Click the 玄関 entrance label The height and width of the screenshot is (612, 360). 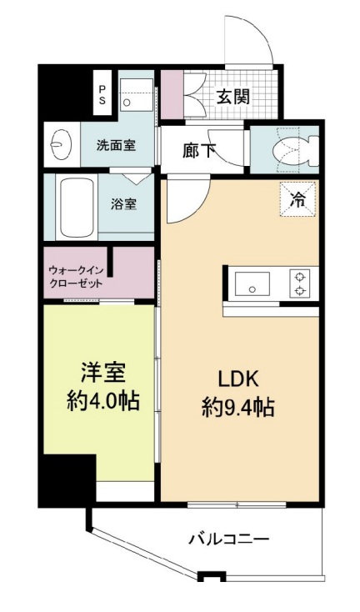(x=233, y=97)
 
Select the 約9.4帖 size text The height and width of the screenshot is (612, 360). (x=237, y=408)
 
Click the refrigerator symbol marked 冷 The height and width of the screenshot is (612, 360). (x=297, y=198)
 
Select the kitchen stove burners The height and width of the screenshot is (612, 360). (x=297, y=283)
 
